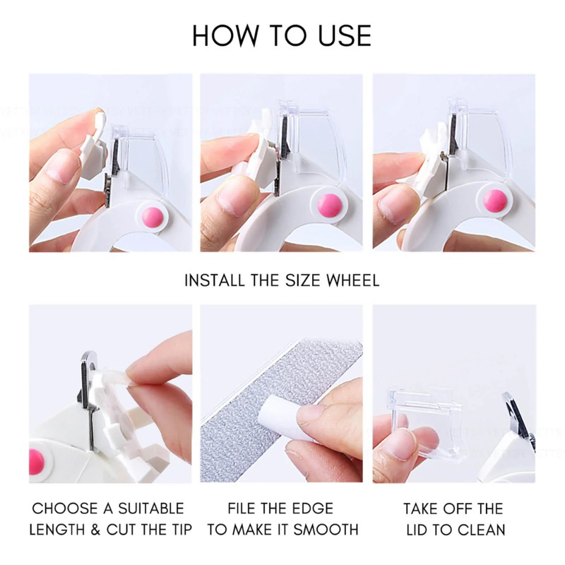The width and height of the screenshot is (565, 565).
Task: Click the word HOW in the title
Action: coord(225,35)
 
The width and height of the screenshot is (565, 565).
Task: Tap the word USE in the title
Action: coord(345,35)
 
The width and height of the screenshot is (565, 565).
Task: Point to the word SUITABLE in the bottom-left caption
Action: coord(151,509)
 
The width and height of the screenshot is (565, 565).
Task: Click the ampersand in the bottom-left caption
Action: coord(95,530)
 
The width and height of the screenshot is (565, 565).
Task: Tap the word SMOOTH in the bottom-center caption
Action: coord(326,530)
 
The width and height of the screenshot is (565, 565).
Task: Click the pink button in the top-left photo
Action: coord(153,218)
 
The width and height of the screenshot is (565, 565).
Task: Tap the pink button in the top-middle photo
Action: coord(329,206)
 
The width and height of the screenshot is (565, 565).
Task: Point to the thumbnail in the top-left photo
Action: coord(64,167)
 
